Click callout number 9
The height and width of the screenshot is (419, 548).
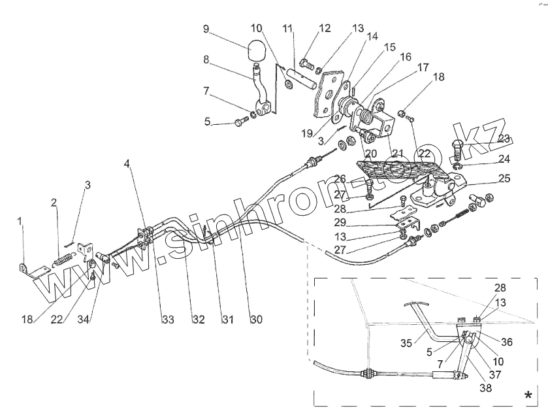(x=206, y=29)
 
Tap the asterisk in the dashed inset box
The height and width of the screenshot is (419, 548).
(x=528, y=395)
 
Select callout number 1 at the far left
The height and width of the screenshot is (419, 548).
(x=20, y=222)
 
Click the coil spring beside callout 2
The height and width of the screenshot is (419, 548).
(x=61, y=260)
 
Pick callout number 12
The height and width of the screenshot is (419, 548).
(x=325, y=28)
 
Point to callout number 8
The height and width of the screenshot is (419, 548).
(x=205, y=59)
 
